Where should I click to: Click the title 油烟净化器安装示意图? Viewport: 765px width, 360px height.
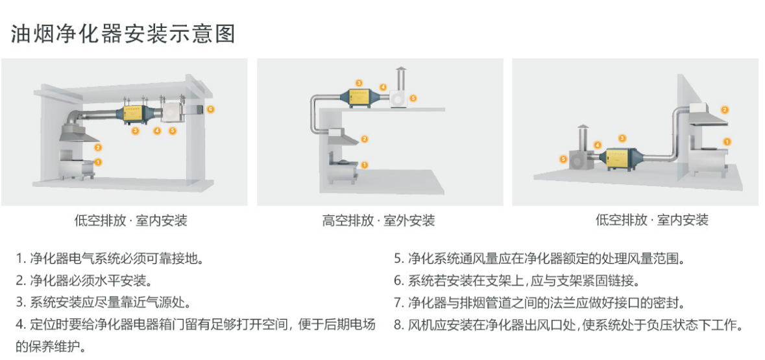(123, 34)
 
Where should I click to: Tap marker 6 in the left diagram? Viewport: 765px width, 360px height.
(210, 109)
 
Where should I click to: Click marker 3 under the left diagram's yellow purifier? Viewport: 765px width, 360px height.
(135, 131)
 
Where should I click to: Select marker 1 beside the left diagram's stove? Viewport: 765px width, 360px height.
(98, 162)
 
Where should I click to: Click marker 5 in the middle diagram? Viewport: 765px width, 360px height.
(413, 98)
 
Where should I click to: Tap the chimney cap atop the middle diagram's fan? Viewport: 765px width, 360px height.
(401, 70)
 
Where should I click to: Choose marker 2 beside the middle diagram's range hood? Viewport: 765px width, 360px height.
(365, 139)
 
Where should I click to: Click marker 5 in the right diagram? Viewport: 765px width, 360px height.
(563, 158)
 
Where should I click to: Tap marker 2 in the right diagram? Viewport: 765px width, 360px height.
(725, 110)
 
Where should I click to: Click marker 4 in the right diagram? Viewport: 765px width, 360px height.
(598, 145)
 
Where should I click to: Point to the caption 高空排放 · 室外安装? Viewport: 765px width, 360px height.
(378, 221)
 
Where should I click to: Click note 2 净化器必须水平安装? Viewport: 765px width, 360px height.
(82, 281)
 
